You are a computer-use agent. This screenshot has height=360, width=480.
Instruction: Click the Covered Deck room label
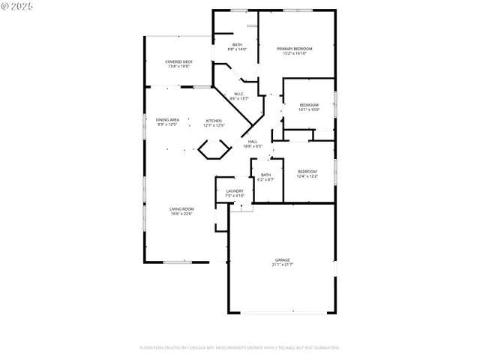tap(178, 61)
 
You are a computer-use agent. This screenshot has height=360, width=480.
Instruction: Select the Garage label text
tap(282, 260)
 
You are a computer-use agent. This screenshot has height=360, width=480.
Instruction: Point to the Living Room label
tap(181, 208)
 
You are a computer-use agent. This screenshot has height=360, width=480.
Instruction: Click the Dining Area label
tap(167, 120)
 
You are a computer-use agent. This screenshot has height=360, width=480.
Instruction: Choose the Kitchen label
tap(214, 120)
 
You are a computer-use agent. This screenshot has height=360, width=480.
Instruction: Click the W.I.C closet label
tap(238, 94)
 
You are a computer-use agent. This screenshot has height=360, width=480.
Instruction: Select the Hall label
tap(253, 141)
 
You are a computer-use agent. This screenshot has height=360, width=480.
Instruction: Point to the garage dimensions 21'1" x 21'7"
tap(282, 265)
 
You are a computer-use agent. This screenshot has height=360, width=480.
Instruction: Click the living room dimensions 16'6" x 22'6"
tap(181, 214)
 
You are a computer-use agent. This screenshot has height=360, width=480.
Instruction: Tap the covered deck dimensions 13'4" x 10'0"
tap(178, 66)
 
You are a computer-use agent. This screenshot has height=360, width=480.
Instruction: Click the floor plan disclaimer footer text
tap(239, 348)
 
